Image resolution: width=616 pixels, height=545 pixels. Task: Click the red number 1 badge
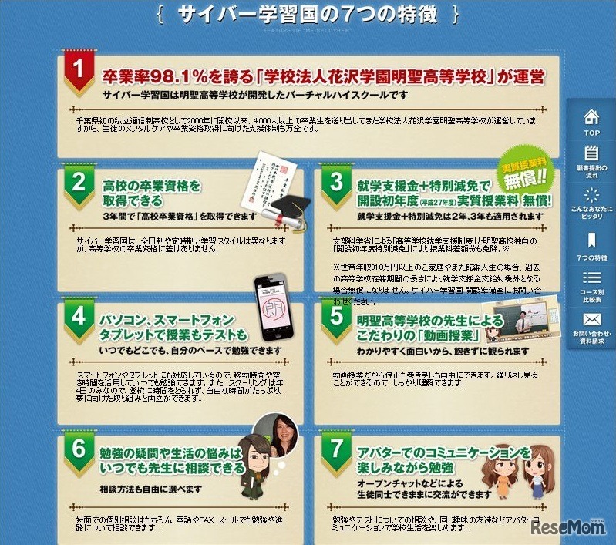pyautogui.click(x=77, y=70)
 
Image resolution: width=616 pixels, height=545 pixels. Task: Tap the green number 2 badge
pyautogui.click(x=78, y=183)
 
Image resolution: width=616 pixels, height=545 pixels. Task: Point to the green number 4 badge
pyautogui.click(x=78, y=316)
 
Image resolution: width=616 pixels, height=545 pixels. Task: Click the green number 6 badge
pyautogui.click(x=78, y=449)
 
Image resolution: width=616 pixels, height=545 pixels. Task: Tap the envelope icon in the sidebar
pyautogui.click(x=591, y=320)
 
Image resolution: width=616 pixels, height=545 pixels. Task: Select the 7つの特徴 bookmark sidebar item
pyautogui.click(x=591, y=244)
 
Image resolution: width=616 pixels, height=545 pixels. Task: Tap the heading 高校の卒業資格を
pyautogui.click(x=151, y=186)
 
